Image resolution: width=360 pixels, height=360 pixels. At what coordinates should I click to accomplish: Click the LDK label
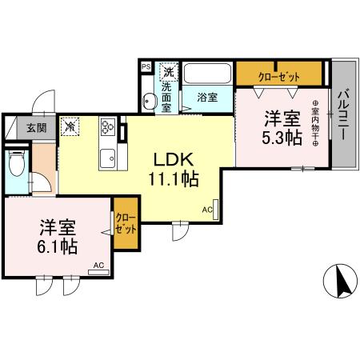pos(172,158)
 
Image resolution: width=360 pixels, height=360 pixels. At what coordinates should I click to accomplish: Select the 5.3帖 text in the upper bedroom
pos(282,138)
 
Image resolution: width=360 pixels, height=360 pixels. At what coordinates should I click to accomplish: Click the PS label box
pos(146,68)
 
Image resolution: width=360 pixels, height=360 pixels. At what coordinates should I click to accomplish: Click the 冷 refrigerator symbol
pos(70,126)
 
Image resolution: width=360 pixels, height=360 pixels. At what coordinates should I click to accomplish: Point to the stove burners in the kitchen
pos(108,126)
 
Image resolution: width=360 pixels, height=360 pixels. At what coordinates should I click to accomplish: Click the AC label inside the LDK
pos(206,210)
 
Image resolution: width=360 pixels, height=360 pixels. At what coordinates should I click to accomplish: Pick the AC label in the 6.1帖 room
pos(98,266)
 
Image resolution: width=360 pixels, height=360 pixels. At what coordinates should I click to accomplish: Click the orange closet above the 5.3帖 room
pos(279,75)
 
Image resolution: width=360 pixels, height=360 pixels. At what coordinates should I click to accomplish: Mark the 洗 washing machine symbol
pos(168,70)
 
